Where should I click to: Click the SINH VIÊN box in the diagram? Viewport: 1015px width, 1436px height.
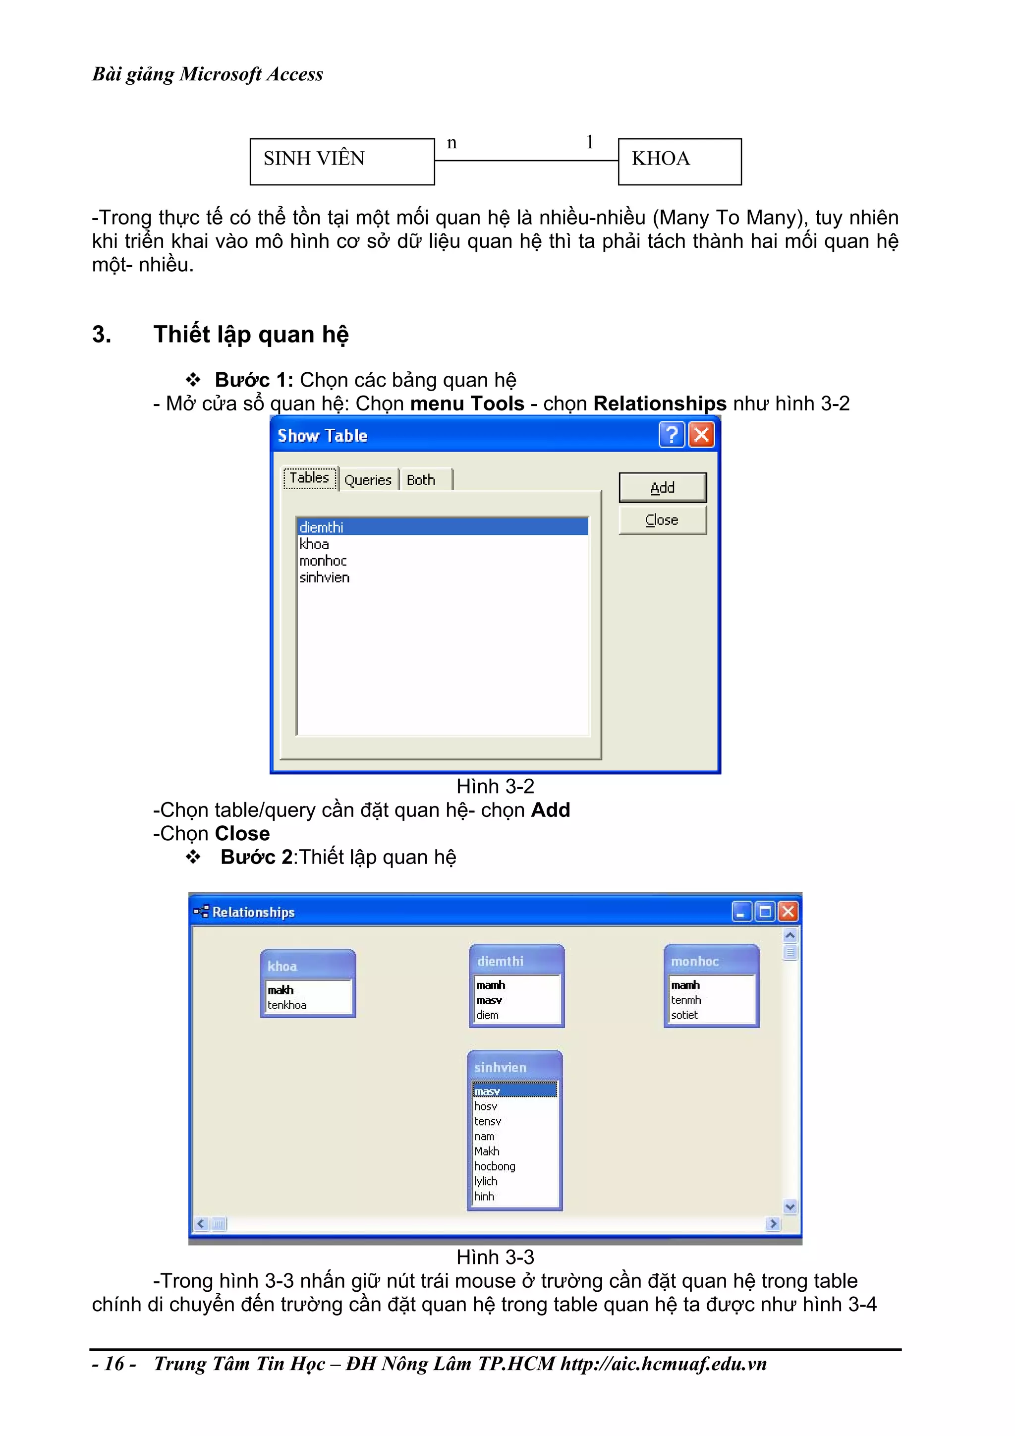click(x=341, y=162)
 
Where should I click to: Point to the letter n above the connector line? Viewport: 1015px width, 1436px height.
click(x=451, y=143)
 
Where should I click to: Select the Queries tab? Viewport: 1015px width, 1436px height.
click(x=368, y=480)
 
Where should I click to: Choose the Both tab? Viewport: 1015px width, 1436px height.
click(x=421, y=480)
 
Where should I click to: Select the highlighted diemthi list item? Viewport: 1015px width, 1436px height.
click(x=442, y=526)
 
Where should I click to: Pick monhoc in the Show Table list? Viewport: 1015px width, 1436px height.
click(x=323, y=561)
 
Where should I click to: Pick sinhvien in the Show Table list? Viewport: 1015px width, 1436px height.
click(x=324, y=577)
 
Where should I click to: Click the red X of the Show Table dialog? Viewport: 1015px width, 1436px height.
click(x=701, y=434)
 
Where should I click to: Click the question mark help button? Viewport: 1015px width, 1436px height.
click(x=672, y=434)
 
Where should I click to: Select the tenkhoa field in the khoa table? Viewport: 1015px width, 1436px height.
click(x=287, y=1004)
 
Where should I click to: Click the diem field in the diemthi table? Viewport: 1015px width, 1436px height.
click(x=488, y=1015)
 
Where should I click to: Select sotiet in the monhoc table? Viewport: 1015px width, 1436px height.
click(x=684, y=1015)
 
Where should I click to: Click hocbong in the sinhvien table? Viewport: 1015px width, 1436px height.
click(x=495, y=1166)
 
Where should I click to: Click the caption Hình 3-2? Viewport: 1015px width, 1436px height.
click(x=495, y=786)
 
